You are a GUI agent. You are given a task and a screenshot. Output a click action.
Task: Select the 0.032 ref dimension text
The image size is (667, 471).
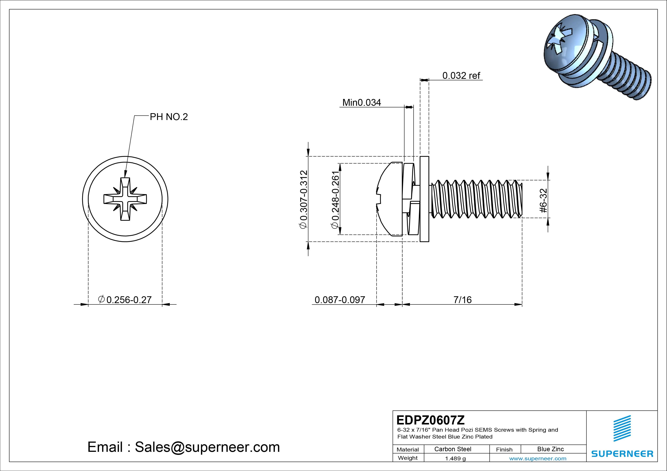461,76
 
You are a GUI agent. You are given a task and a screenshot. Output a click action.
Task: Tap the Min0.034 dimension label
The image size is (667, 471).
361,102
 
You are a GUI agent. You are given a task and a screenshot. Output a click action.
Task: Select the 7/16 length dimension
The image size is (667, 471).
462,300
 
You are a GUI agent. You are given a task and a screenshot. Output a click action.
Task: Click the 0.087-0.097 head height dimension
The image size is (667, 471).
340,300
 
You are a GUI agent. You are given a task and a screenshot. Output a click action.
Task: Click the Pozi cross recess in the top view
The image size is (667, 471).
125,199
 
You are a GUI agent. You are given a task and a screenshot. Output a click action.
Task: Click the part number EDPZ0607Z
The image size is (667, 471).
430,420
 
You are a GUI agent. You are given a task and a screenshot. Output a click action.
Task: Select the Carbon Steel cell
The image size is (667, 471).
452,449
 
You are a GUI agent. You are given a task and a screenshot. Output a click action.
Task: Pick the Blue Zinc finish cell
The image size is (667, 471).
550,449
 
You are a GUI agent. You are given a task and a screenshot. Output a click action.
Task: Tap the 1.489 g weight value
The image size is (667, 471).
455,458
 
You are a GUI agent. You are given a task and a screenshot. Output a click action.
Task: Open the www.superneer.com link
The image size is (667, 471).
538,458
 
